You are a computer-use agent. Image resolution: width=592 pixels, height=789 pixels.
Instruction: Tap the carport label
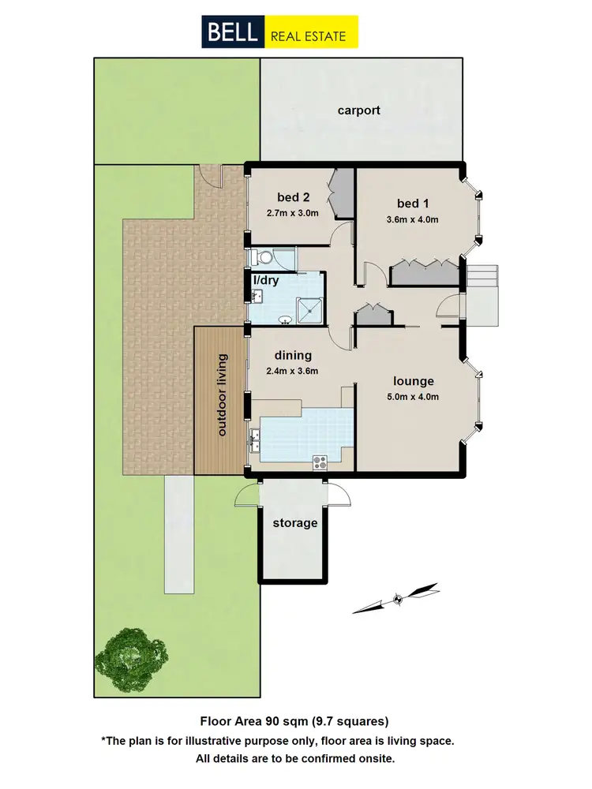tap(358, 110)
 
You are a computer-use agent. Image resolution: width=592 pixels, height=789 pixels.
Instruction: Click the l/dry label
tap(264, 279)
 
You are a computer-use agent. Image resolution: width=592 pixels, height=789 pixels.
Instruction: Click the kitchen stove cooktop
tap(320, 462)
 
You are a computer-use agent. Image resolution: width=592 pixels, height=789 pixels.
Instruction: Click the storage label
tap(294, 523)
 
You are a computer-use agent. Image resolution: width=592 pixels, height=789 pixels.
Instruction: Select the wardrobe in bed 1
tap(425, 272)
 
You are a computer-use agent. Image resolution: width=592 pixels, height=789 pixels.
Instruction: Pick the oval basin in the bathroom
tap(285, 320)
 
